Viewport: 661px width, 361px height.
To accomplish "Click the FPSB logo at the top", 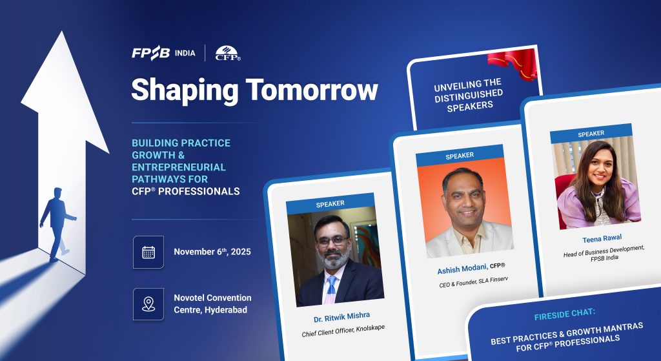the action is (x=151, y=53).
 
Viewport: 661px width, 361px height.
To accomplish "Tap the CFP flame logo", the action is (x=228, y=53).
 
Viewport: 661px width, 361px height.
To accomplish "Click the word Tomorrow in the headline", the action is (x=312, y=89).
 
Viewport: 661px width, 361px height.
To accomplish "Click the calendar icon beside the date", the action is (x=148, y=253).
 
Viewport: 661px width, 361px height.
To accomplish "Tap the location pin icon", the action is (x=148, y=304).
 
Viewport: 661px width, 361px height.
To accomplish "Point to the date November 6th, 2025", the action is (x=212, y=252).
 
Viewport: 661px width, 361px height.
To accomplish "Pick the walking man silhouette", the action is (x=57, y=223).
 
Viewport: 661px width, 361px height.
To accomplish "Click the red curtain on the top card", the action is (x=513, y=63).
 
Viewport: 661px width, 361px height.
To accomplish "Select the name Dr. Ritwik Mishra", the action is (x=342, y=316).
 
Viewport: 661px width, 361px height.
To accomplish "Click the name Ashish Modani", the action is (x=462, y=268).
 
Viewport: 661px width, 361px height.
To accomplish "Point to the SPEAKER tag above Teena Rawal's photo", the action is (x=591, y=134).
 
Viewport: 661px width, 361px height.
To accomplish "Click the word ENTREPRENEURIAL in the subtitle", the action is (x=179, y=167).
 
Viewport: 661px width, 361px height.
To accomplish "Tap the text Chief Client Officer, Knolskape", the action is (x=343, y=331).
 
